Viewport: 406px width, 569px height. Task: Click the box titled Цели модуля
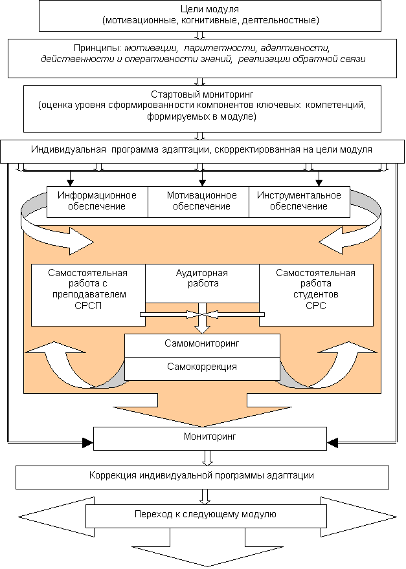[x=201, y=16]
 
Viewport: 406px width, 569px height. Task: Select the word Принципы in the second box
[x=98, y=48]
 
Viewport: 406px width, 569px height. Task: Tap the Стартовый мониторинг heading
[x=201, y=94]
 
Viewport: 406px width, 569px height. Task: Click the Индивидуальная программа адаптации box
[x=201, y=150]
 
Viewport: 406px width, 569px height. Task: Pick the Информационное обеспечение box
[x=97, y=201]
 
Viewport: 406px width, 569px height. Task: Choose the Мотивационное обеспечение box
[x=201, y=201]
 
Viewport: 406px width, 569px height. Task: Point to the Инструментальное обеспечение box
[x=299, y=201]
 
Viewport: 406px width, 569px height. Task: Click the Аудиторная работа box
[x=202, y=279]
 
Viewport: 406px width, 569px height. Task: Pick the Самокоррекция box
[x=202, y=367]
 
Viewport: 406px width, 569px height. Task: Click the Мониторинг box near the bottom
[x=210, y=438]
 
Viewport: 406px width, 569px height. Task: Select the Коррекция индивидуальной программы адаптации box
[x=202, y=477]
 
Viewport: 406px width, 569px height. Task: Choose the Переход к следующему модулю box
[x=206, y=515]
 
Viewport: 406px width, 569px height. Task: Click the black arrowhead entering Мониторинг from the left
[x=88, y=444]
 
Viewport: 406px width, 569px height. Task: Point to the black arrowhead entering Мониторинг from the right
[x=332, y=444]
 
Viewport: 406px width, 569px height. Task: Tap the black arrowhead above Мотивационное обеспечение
[x=201, y=181]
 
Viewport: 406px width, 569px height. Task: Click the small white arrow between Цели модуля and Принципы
[x=201, y=35]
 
